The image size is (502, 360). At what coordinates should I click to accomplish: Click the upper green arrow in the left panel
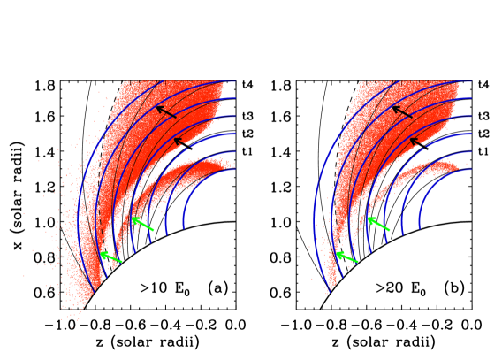point(143,223)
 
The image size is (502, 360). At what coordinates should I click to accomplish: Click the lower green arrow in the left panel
point(110,257)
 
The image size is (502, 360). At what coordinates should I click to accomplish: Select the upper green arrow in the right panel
point(378,223)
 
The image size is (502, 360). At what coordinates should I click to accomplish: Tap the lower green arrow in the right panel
point(346,257)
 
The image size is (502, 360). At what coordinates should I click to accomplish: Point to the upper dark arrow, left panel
point(166,111)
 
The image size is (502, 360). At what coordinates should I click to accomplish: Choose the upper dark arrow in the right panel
point(402,111)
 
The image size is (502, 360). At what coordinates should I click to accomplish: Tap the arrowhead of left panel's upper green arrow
point(133,218)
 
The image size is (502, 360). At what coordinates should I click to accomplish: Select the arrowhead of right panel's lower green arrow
point(338,253)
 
